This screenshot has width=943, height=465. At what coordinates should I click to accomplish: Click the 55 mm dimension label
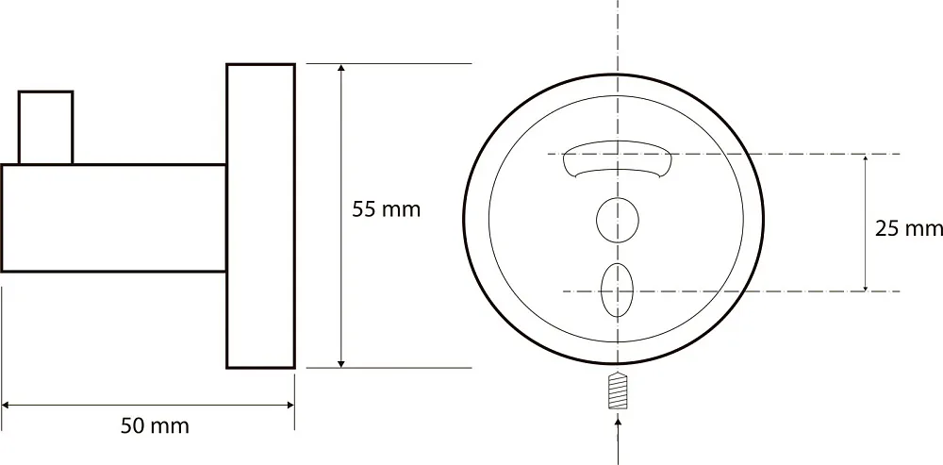(x=386, y=209)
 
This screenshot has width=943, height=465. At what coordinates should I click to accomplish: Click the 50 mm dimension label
(x=156, y=426)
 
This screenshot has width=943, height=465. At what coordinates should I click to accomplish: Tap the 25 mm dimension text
(x=909, y=228)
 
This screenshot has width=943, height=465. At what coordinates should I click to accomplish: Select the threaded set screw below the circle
(x=618, y=391)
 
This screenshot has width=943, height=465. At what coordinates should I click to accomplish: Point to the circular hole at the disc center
(x=618, y=220)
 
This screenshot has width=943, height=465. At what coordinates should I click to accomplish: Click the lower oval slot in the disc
(x=618, y=290)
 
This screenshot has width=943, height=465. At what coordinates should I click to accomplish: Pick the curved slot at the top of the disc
(x=617, y=158)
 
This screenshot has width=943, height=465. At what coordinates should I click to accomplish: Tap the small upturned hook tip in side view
(x=45, y=127)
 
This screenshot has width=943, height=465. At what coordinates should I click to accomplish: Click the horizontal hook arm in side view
(x=114, y=218)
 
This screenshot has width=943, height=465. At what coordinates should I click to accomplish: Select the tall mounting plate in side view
(x=260, y=215)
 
